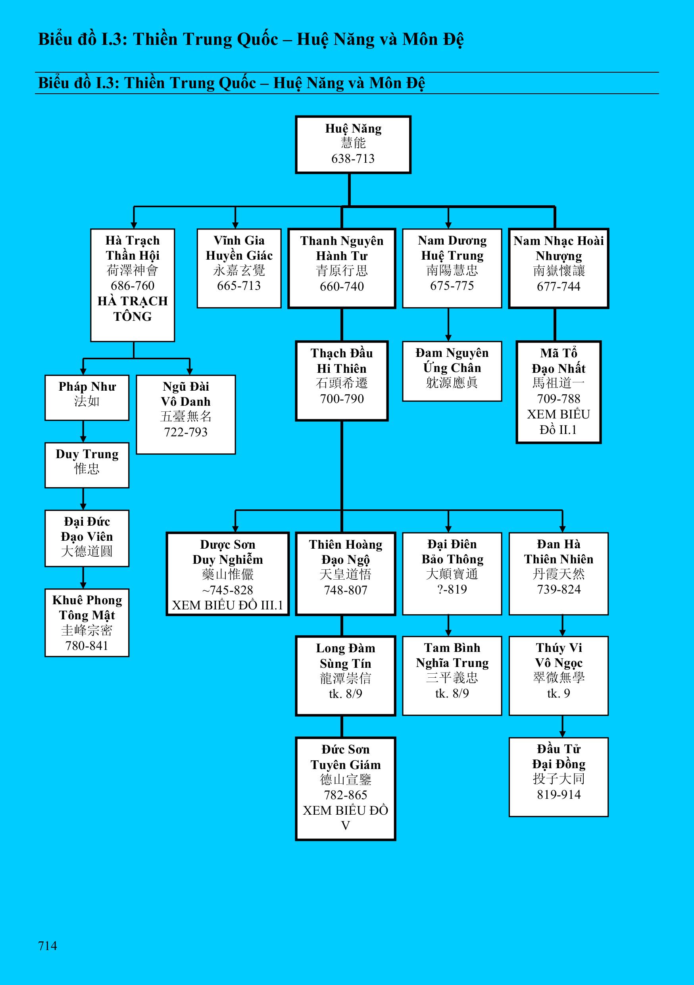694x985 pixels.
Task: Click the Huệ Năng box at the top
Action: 353,144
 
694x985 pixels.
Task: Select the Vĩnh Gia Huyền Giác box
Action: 239,268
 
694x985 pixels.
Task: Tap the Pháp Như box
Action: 87,398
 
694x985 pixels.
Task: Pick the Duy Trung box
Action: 87,465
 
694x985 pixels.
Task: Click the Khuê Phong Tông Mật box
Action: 87,623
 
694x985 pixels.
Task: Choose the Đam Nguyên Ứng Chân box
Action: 452,371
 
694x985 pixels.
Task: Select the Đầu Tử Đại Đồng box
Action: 558,777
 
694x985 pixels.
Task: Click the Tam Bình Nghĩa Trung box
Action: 452,676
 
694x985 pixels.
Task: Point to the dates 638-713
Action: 353,159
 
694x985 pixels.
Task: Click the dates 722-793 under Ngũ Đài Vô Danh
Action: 186,432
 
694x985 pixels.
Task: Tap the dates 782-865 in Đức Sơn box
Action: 346,795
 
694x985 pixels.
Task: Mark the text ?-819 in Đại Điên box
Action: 452,590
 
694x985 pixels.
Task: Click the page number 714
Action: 48,946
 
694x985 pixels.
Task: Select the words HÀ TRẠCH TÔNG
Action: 133,309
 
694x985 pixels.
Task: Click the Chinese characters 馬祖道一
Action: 558,383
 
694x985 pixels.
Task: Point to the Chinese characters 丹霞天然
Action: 558,574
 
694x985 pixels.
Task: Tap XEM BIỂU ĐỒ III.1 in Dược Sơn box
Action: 228,605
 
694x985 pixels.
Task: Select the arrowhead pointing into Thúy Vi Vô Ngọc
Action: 562,632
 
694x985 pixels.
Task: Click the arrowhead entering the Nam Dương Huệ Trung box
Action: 448,225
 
